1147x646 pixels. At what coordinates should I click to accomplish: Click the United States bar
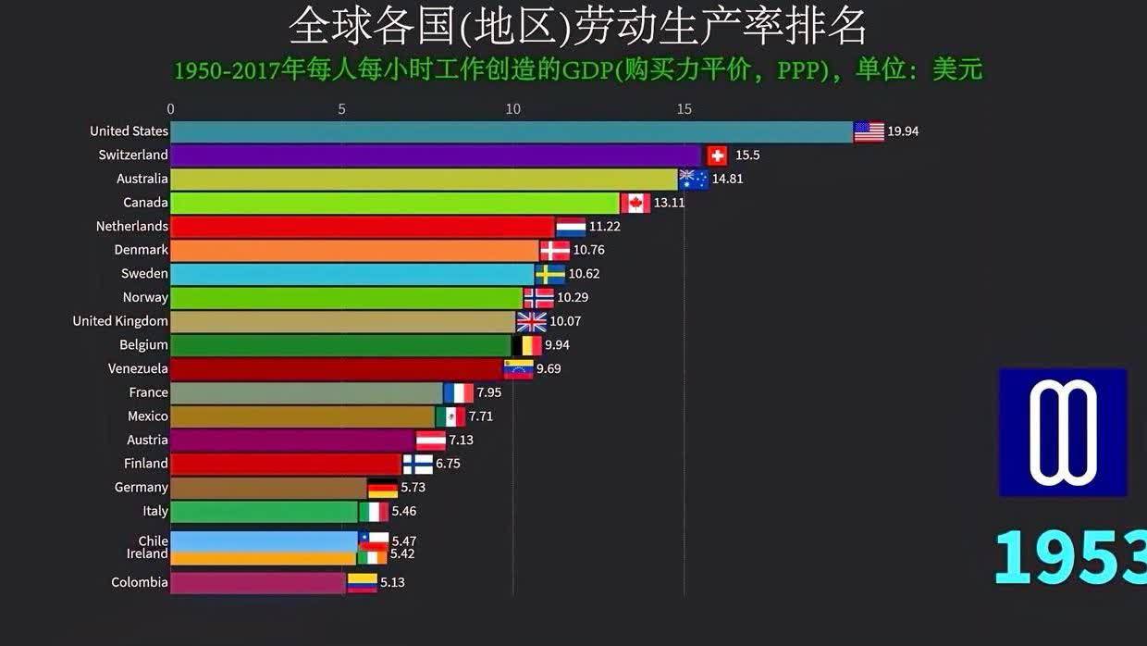click(x=511, y=132)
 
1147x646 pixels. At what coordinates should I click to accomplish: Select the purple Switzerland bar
click(x=435, y=155)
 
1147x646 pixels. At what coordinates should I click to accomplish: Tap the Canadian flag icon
click(x=635, y=203)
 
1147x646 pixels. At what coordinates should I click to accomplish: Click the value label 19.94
click(x=903, y=131)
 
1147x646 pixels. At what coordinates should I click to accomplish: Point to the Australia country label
click(x=142, y=179)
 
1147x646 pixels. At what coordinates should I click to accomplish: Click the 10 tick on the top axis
click(x=512, y=109)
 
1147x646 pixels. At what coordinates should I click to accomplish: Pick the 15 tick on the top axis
click(x=684, y=109)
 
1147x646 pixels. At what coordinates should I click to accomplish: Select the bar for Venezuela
click(x=336, y=369)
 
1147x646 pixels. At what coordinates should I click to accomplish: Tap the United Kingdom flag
click(x=531, y=322)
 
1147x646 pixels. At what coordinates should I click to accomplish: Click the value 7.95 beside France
click(x=488, y=392)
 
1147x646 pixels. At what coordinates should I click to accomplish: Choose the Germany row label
click(x=142, y=488)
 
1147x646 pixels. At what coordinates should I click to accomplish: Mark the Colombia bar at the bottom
click(x=258, y=583)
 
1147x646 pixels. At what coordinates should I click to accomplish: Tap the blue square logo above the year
click(x=1063, y=432)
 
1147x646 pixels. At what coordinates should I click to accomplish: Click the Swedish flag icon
click(x=550, y=274)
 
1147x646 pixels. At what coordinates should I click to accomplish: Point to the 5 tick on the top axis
click(x=342, y=109)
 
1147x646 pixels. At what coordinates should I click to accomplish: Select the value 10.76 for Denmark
click(x=588, y=250)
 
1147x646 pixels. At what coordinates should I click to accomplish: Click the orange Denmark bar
click(x=354, y=251)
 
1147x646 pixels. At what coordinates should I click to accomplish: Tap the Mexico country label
click(x=148, y=416)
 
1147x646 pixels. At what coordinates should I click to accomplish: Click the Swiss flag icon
click(x=717, y=155)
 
